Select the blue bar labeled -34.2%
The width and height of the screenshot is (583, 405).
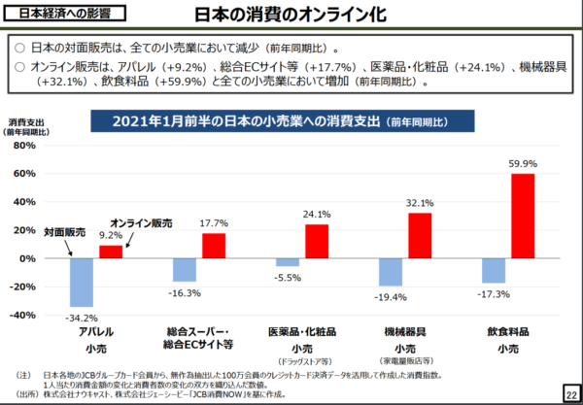[82, 283]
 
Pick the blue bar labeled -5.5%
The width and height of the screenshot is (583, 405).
[288, 262]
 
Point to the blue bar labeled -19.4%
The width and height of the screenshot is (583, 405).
[391, 272]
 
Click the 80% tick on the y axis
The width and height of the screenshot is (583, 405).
[24, 146]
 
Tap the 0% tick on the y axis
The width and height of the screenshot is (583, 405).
[26, 258]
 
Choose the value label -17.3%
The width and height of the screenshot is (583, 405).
[494, 292]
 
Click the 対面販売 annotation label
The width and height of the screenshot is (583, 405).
[64, 233]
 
